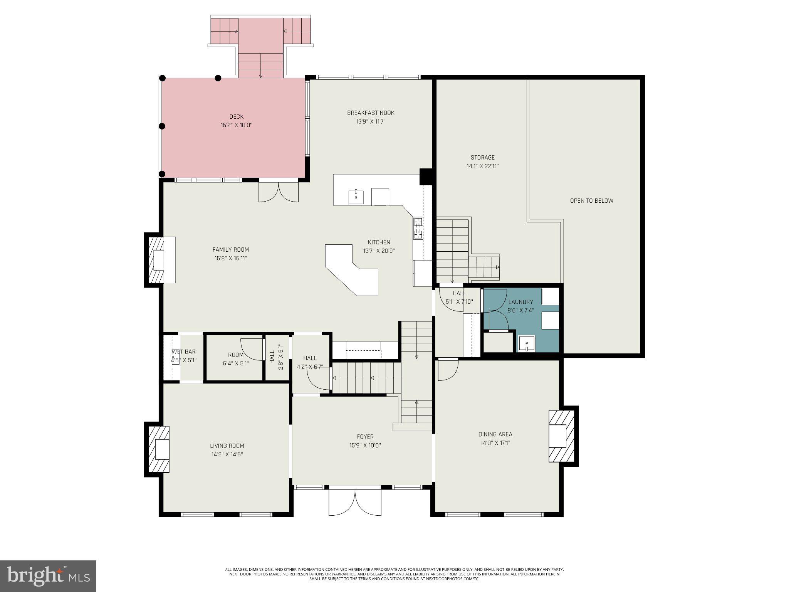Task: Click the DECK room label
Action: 236,116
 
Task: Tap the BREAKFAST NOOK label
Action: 371,113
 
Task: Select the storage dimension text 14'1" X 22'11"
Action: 483,166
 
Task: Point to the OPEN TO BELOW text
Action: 591,200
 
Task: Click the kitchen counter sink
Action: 356,197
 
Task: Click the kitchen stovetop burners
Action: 418,228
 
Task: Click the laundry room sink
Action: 526,343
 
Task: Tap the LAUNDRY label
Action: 520,302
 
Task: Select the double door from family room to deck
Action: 278,192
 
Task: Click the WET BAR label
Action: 184,351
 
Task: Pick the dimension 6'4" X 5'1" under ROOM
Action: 236,363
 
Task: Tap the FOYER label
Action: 365,437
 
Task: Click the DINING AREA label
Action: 495,434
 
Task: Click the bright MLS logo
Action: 48,576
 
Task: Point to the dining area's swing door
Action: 448,369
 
